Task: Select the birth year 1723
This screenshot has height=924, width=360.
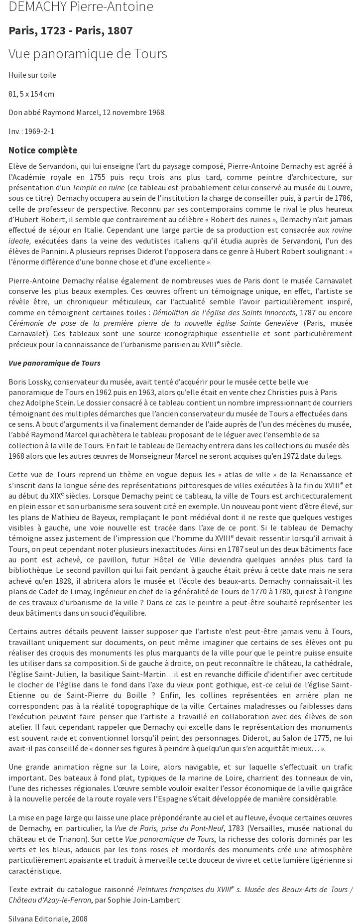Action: (53, 31)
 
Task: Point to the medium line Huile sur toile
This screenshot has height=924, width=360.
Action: (32, 75)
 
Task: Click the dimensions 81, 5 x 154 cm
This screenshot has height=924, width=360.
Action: (31, 94)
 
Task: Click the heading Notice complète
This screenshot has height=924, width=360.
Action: (43, 150)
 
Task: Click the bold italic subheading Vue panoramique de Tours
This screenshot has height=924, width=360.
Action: (54, 363)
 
